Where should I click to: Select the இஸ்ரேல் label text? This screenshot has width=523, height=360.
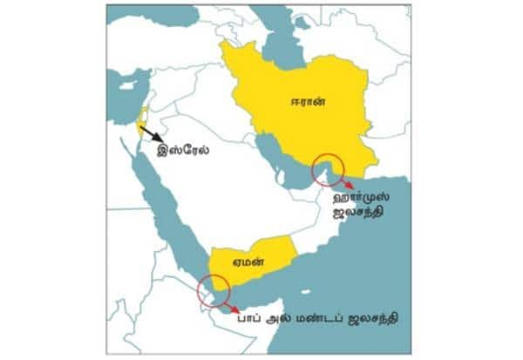pyautogui.click(x=184, y=149)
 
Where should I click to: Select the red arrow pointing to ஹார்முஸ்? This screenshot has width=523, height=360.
pyautogui.click(x=346, y=182)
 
